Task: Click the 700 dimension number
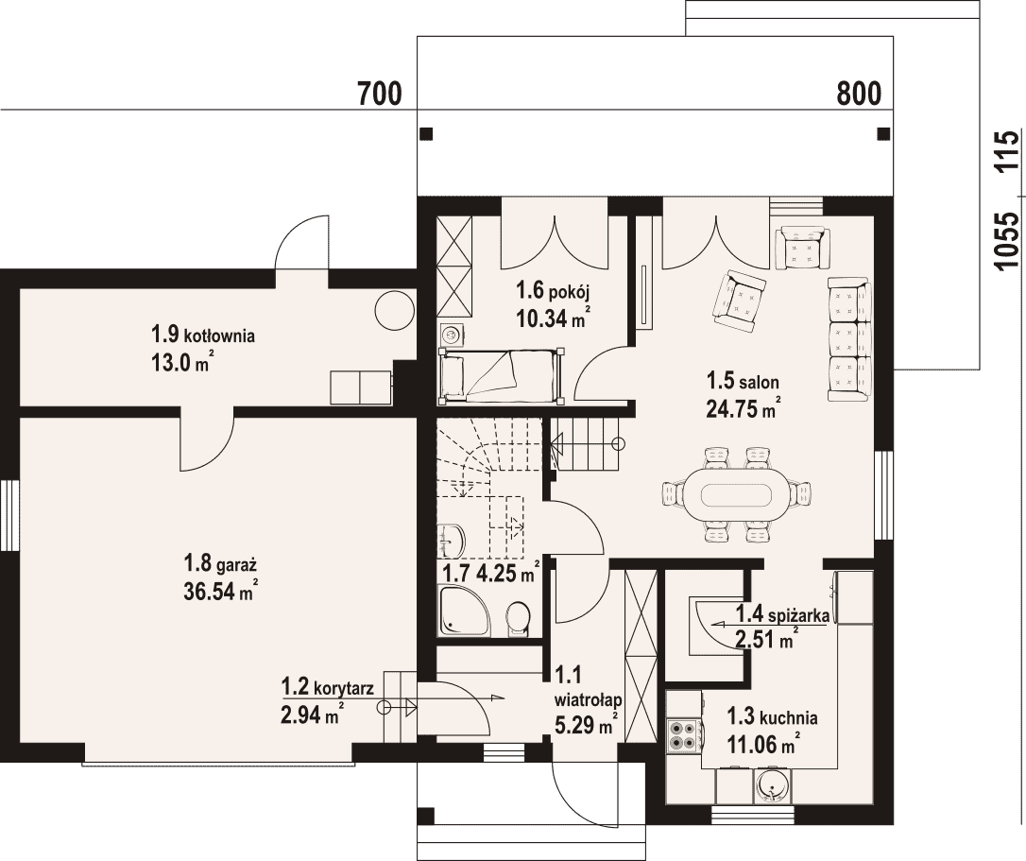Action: coord(380,95)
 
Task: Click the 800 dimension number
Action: coord(859,95)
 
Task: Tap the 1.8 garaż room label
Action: coord(220,562)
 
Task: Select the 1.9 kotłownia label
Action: coord(203,336)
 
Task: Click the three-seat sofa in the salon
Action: coord(850,339)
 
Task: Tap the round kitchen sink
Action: coord(774,786)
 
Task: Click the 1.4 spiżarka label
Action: coord(782,615)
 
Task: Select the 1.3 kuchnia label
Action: coord(772,717)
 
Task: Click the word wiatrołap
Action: coord(589,699)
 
